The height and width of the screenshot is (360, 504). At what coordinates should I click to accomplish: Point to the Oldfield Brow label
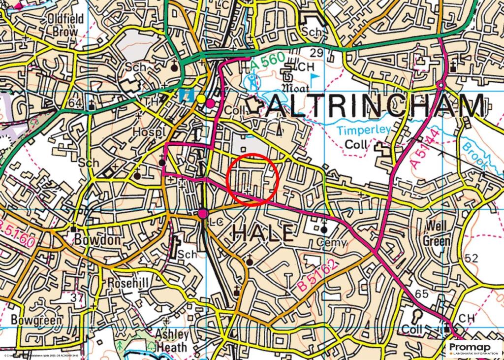(x=66, y=25)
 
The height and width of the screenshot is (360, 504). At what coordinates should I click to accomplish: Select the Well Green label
(x=437, y=233)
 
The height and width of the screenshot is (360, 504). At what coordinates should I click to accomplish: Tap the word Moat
(x=295, y=89)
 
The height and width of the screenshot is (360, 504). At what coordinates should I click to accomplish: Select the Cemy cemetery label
(x=332, y=243)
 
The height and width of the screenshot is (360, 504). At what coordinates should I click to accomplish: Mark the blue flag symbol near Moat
(x=315, y=78)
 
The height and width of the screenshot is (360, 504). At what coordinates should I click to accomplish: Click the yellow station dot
(x=201, y=99)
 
